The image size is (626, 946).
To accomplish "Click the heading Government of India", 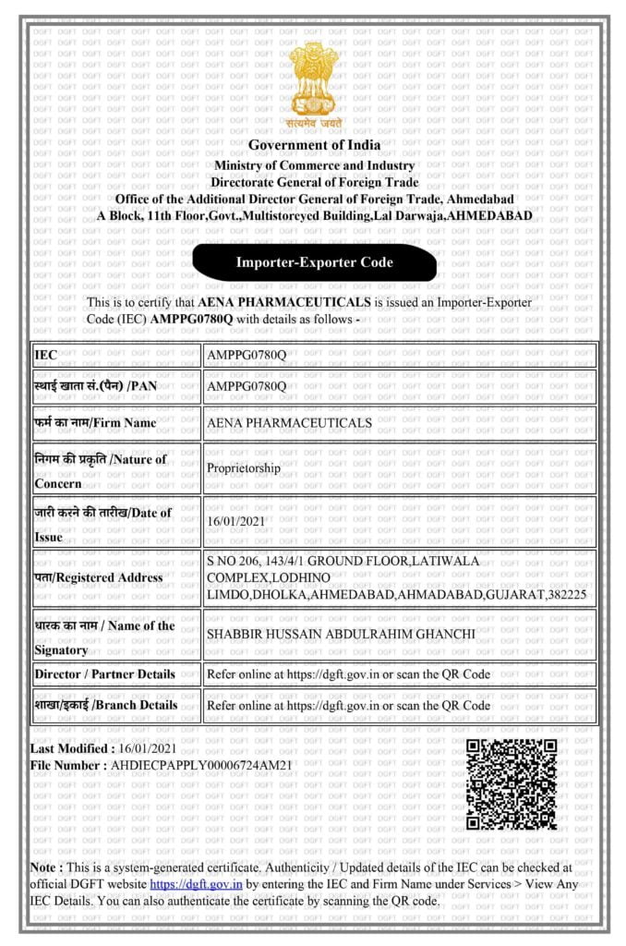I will (x=314, y=145).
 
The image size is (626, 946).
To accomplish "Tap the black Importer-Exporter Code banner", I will (x=314, y=262).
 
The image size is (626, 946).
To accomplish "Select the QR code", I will (x=512, y=783).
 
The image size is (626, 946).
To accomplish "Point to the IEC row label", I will (x=46, y=354).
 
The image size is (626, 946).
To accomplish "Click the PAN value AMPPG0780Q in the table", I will (x=247, y=385).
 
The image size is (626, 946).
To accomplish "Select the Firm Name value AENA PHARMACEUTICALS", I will (x=290, y=422).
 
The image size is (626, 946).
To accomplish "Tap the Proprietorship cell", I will (x=244, y=467).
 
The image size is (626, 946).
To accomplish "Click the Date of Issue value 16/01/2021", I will (x=243, y=521).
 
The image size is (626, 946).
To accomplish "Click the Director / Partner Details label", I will (x=104, y=673).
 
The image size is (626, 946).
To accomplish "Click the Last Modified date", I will (x=146, y=748).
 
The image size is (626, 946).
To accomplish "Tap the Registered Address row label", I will (x=98, y=577).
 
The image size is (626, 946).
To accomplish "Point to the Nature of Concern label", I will (x=101, y=469).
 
